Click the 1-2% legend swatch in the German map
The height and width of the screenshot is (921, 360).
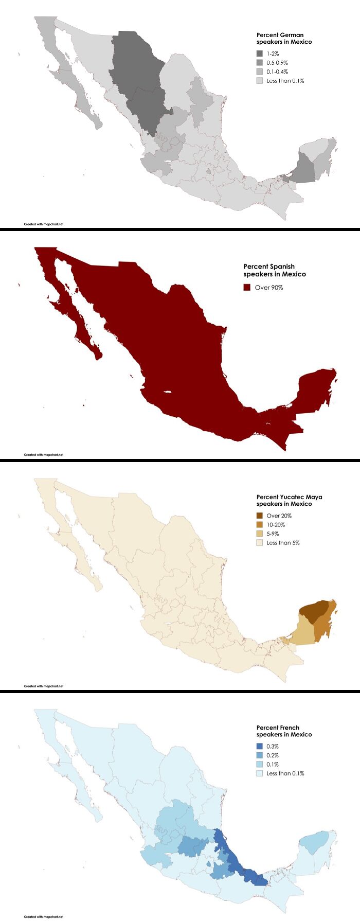(x=260, y=54)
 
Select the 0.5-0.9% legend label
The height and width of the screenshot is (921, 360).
(x=277, y=63)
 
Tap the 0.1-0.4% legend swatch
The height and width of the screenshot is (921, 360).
(x=260, y=72)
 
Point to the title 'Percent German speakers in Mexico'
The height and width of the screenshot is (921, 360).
(x=284, y=39)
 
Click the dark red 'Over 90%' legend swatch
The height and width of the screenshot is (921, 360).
(x=247, y=287)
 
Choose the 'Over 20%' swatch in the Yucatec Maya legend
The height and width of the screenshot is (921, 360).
(x=260, y=516)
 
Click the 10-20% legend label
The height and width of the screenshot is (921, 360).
(x=276, y=525)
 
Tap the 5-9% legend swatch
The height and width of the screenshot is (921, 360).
(x=260, y=534)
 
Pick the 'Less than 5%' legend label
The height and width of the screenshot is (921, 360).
(x=283, y=543)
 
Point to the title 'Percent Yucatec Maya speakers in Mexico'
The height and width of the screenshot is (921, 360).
(x=289, y=501)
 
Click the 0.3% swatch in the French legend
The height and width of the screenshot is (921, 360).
(x=260, y=746)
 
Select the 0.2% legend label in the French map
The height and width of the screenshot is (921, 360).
(x=273, y=755)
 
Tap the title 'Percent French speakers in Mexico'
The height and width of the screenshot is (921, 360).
(x=284, y=731)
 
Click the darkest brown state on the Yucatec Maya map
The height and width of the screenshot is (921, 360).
(x=314, y=611)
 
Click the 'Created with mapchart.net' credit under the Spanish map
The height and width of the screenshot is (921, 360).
(x=44, y=455)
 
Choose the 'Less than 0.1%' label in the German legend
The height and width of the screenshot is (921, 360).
(x=285, y=81)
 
